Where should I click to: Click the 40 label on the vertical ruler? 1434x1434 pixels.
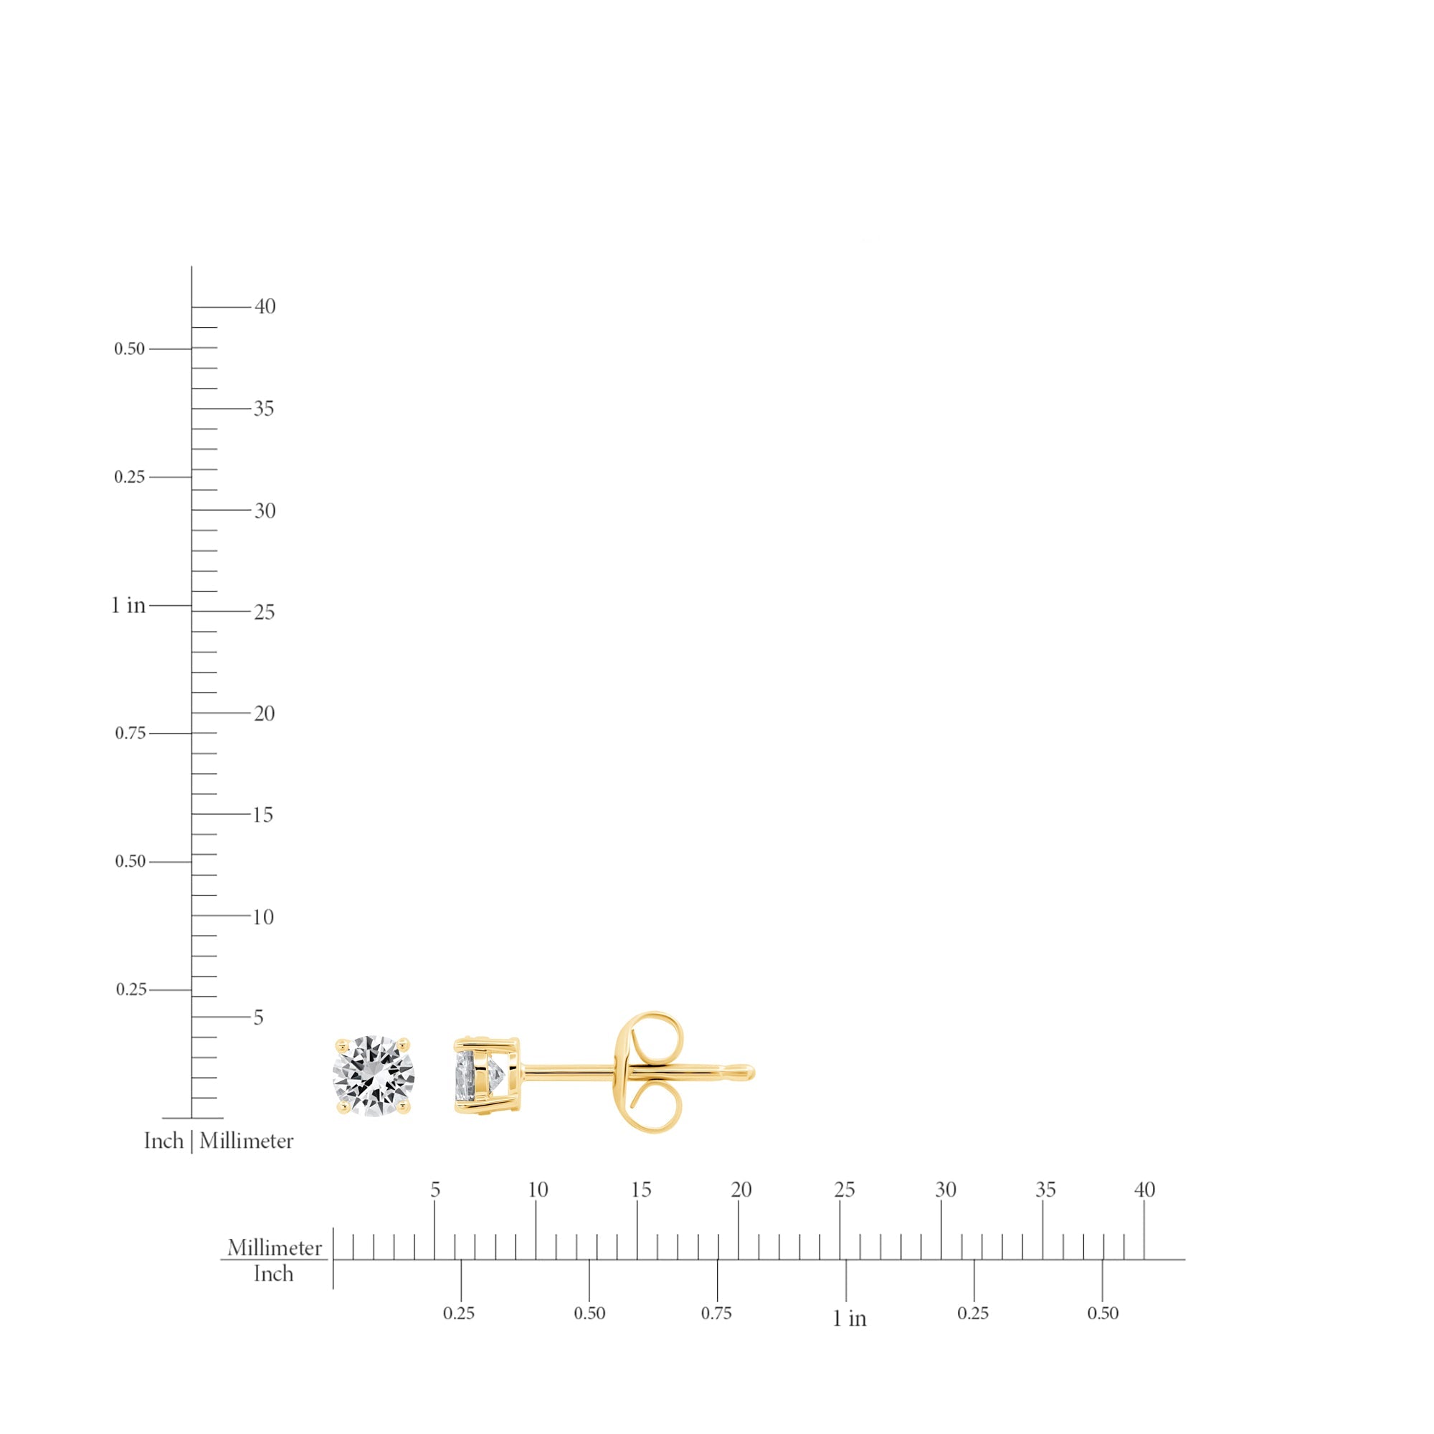265,307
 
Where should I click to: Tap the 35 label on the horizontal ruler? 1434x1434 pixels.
1045,1190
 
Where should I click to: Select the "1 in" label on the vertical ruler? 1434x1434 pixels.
128,606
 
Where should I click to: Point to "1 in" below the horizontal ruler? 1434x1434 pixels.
849,1319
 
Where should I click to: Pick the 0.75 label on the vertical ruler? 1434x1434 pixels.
130,733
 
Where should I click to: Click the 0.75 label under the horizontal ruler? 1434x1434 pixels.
716,1313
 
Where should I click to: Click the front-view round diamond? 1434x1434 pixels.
374,1076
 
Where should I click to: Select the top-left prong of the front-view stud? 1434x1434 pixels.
341,1045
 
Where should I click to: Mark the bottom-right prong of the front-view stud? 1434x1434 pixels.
404,1108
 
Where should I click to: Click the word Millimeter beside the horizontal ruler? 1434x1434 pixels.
275,1248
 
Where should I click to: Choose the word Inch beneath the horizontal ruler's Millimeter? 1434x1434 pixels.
273,1273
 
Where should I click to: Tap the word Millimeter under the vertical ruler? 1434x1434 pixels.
247,1141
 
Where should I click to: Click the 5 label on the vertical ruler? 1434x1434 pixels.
258,1017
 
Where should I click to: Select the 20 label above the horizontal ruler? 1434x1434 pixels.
741,1190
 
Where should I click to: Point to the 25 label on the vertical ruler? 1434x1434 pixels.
265,612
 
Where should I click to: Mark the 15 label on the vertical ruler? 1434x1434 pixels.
262,815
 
